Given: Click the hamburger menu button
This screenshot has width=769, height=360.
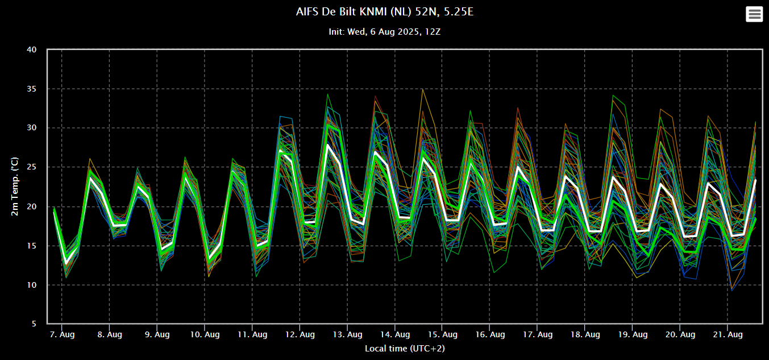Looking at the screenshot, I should (754, 14).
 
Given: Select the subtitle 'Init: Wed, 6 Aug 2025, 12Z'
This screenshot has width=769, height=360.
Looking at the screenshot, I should (384, 32).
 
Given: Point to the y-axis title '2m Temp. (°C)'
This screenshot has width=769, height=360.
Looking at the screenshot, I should (15, 187).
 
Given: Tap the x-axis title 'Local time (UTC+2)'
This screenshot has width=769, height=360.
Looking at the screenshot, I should (405, 348).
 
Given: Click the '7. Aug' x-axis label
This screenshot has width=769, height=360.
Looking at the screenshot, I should (61, 334).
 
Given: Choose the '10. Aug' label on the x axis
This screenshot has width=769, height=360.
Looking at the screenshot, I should (204, 334).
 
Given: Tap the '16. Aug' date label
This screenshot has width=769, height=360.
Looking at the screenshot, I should (490, 334).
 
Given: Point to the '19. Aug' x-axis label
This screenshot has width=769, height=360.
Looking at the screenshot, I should (633, 334).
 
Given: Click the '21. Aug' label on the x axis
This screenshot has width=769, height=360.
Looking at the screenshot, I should (728, 334).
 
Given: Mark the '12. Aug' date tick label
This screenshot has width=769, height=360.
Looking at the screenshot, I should (300, 334).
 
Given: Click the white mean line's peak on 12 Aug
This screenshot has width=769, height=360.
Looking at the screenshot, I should (328, 145).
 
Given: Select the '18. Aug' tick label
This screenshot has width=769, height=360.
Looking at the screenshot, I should (585, 334).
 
